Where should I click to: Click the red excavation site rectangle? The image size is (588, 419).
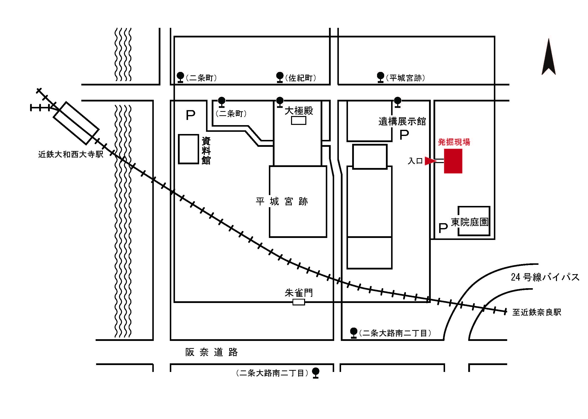453,161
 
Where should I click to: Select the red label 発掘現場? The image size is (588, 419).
454,142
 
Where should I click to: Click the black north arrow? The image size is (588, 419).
549,58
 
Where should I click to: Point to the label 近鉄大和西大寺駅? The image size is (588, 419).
71,154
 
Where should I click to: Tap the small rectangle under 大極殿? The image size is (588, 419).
298,120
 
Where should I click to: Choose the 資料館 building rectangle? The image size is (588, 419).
189,149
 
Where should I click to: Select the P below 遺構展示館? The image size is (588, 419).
404,135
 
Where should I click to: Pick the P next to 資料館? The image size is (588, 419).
190,115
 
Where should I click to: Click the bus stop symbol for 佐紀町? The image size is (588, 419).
280,77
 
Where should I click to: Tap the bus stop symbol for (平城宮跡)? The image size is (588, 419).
380,77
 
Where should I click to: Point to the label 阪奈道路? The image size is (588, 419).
211,352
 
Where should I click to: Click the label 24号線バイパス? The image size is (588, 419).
545,277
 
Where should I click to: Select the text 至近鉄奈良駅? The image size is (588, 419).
537,312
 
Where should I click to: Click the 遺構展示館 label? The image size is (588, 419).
402,121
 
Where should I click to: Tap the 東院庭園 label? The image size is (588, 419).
469,222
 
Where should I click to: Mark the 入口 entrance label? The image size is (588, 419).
415,161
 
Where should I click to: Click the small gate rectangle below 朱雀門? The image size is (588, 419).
299,302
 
